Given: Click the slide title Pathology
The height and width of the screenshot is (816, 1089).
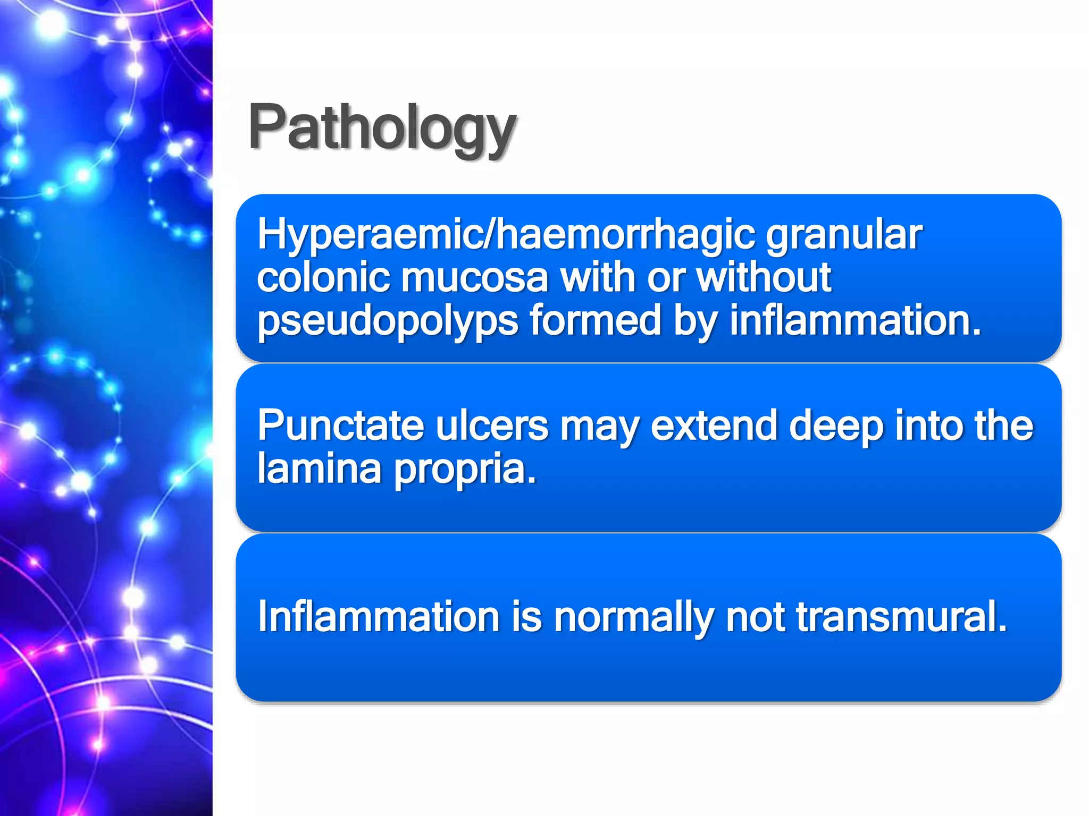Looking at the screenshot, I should tap(382, 127).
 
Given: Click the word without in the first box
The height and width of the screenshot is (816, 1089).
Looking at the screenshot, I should tap(764, 277).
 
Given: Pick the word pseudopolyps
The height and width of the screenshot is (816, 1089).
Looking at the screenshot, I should tap(388, 321).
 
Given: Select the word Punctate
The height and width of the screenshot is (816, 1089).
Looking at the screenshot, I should tap(341, 426).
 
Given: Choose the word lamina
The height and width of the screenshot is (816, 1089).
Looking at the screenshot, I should tap(319, 469).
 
